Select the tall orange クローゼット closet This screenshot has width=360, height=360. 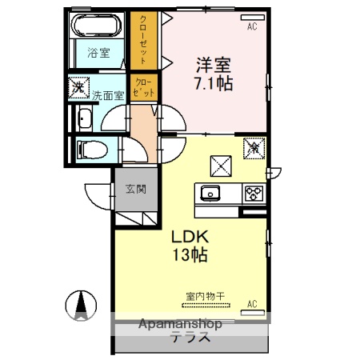(x=144, y=40)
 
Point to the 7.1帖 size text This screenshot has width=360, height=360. (x=213, y=82)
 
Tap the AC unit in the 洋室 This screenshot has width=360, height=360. (x=252, y=26)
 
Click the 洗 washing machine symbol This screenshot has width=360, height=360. (x=78, y=84)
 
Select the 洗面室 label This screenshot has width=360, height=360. (x=106, y=94)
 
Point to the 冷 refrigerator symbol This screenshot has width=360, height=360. (x=253, y=146)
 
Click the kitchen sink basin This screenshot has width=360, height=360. (x=211, y=193)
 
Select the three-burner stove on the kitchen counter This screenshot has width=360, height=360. (x=253, y=193)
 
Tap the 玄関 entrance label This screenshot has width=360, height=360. (x=135, y=190)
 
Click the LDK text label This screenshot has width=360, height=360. (x=190, y=237)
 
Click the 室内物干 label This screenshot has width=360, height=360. (x=205, y=297)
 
